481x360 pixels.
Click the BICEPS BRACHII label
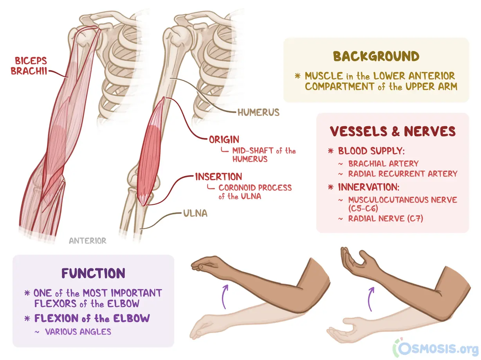click(x=29, y=66)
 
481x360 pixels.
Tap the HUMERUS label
click(x=259, y=112)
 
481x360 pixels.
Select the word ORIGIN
click(x=224, y=140)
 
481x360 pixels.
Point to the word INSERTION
click(x=218, y=177)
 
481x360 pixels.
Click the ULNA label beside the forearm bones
click(x=195, y=213)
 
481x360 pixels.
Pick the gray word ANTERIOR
click(x=88, y=241)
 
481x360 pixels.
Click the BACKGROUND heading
click(x=376, y=56)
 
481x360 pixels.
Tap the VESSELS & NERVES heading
click(x=393, y=131)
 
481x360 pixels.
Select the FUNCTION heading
click(x=94, y=273)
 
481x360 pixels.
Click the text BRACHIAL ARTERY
click(x=384, y=164)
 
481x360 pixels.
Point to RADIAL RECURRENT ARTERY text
click(x=403, y=174)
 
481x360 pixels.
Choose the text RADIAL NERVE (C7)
click(x=386, y=219)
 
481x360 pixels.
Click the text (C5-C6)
click(x=363, y=208)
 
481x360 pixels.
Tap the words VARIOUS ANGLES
click(x=78, y=332)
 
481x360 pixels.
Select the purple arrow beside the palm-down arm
click(x=224, y=297)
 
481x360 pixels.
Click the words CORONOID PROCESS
click(x=255, y=188)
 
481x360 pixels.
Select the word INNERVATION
click(x=369, y=187)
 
